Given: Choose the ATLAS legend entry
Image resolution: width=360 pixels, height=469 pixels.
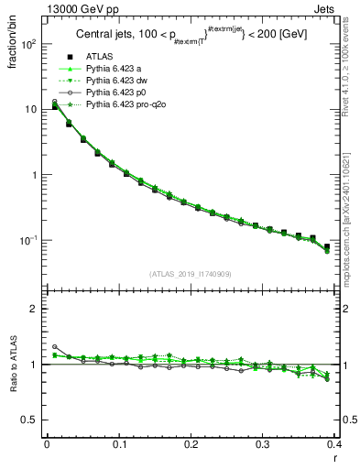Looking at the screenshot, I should click(x=100, y=71).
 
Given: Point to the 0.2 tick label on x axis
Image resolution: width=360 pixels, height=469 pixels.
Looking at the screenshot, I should click(x=191, y=445).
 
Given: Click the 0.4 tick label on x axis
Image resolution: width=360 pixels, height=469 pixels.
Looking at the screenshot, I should click(x=334, y=445).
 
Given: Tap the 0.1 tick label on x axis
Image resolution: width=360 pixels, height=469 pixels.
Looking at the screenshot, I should click(x=119, y=445).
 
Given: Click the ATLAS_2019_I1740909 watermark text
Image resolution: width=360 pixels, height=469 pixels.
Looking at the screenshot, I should click(x=190, y=274).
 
